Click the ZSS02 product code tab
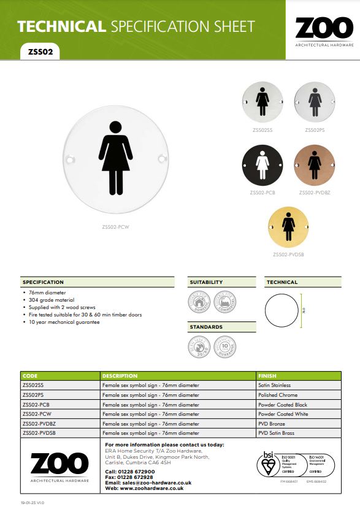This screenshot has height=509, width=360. coord(40,52)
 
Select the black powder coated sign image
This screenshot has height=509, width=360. coord(262,166)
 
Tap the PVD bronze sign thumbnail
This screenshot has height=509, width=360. coord(315,166)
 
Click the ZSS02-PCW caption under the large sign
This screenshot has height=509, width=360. coord(115,226)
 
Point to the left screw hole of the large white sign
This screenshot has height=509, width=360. coord(69,159)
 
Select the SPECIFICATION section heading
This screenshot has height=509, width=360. coord(43,282)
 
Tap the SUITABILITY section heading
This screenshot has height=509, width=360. coord(206,282)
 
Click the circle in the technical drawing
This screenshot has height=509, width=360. coord(283,312)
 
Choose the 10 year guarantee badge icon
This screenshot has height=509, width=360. coord(226,346)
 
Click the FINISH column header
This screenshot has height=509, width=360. coord(268,375)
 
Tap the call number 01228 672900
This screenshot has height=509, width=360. coord(142,472)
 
